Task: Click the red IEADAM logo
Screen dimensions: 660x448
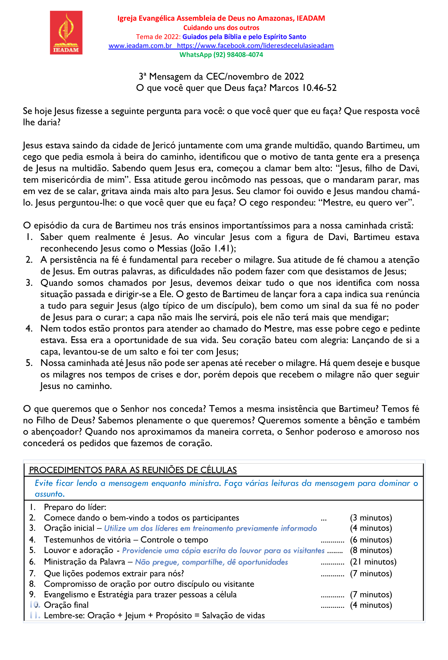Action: [66, 33]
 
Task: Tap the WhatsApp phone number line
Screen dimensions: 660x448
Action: [221, 55]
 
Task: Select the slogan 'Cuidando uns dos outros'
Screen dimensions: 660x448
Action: [221, 28]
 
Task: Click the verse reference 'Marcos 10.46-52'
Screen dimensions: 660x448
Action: [303, 88]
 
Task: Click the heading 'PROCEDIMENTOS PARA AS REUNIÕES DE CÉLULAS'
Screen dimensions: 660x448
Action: [133, 470]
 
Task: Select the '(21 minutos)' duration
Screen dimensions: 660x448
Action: [373, 562]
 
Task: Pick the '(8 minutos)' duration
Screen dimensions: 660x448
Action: [371, 550]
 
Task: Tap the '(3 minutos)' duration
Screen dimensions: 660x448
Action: [371, 518]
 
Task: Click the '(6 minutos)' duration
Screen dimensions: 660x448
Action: [371, 540]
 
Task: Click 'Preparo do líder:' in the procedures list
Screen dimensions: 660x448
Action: [75, 507]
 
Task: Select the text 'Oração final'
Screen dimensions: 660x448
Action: [66, 605]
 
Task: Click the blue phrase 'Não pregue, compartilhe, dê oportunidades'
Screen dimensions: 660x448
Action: [212, 562]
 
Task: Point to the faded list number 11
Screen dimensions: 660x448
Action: [35, 616]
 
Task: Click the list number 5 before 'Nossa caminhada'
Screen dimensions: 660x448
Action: [29, 363]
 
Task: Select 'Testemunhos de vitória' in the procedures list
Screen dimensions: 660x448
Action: [87, 540]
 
